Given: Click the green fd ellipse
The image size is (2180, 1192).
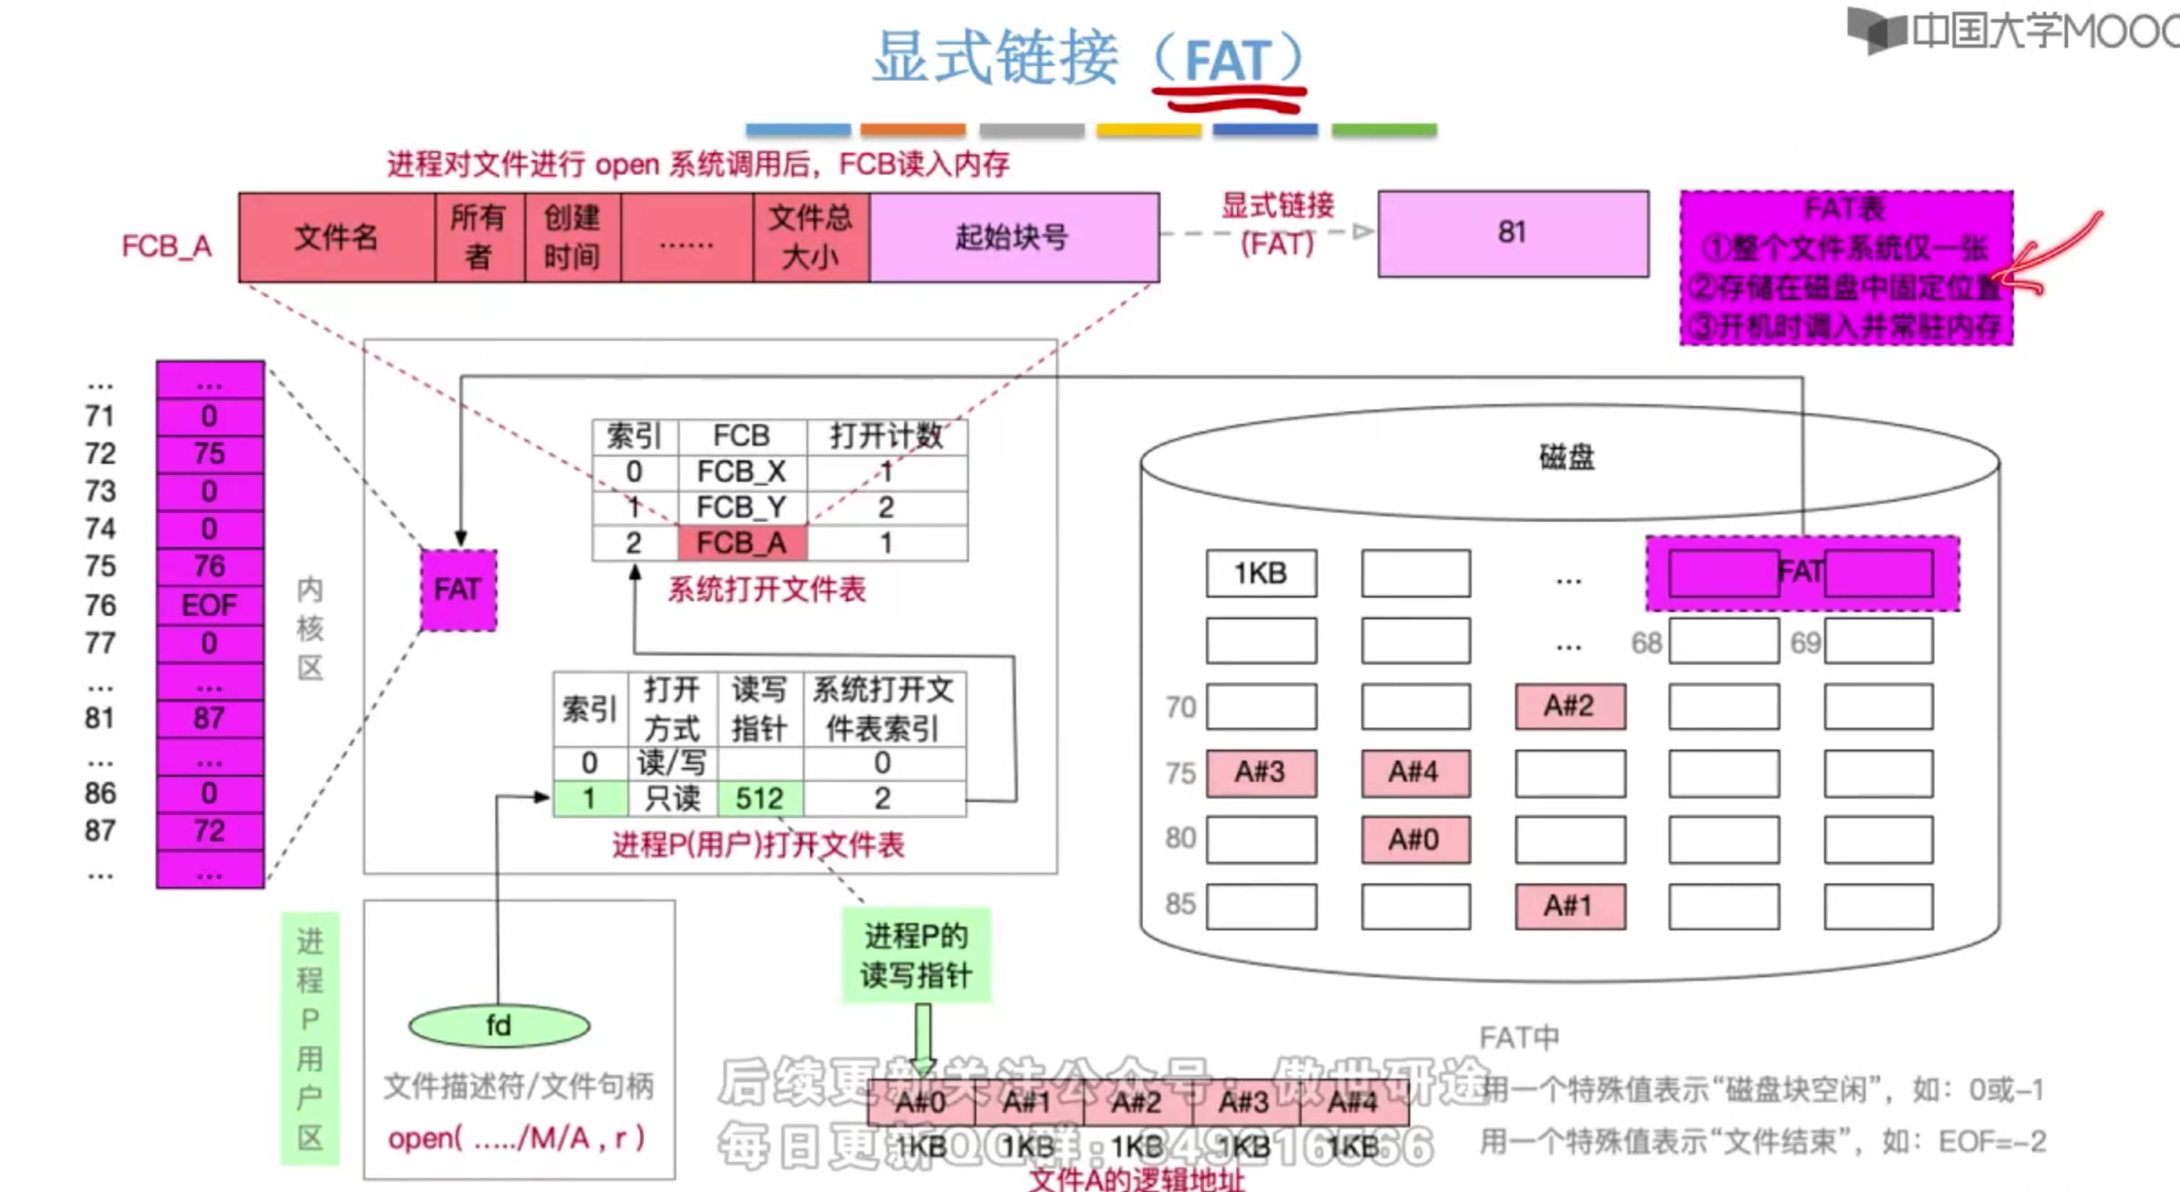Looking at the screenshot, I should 498,1025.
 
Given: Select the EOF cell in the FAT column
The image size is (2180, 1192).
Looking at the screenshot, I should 209,605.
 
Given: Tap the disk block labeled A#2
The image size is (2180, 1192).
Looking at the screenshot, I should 1570,705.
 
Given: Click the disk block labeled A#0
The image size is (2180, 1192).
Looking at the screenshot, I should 1415,839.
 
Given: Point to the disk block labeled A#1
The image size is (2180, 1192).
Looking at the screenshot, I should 1570,906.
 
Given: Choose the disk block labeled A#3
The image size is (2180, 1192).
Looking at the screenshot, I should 1261,772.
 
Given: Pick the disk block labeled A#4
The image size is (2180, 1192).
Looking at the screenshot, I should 1415,772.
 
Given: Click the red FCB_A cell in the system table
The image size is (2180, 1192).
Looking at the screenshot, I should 742,542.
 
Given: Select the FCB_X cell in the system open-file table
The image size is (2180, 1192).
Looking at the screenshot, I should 742,471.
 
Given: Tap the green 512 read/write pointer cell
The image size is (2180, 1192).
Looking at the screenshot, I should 760,799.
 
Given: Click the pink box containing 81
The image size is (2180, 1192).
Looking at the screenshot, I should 1513,233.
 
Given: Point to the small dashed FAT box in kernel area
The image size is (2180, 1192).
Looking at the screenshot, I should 458,589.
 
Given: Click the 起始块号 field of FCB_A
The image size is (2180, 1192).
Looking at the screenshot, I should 1014,237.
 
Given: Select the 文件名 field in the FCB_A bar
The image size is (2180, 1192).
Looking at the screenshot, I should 336,237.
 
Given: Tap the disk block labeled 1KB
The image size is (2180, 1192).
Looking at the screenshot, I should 1261,573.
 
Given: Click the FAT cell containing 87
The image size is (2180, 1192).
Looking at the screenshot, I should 209,718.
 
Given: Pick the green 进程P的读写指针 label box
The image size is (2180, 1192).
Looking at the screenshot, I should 915,955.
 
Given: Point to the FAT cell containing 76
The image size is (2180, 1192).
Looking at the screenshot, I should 209,566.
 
